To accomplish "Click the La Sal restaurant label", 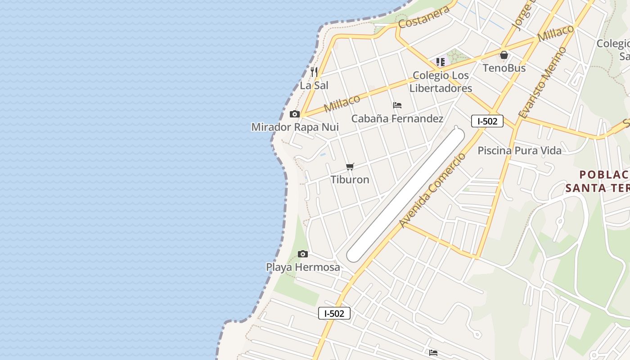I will tap(314, 85).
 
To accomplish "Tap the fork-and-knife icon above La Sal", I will tap(314, 72).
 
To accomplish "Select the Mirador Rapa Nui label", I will tap(295, 127).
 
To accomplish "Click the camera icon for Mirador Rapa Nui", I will tap(295, 114).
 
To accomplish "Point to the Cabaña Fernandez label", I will tap(397, 119).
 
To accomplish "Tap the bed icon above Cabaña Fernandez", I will tap(397, 105).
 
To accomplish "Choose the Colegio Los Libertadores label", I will tap(441, 82).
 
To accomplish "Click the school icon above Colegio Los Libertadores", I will tap(440, 62).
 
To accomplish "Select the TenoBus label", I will tap(504, 68).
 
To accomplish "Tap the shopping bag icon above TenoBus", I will tap(504, 55).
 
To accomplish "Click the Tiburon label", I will tap(350, 180).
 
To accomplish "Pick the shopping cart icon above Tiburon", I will tap(350, 166).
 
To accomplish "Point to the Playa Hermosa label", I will tap(303, 267).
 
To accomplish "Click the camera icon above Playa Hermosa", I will tap(303, 254).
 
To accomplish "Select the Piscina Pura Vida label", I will tap(519, 150).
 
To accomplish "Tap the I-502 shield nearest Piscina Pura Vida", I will tap(487, 121).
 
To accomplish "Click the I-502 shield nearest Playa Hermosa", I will tap(334, 313).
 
